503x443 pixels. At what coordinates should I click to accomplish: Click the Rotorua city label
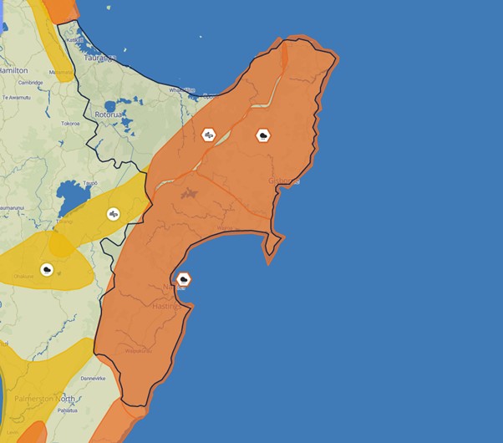109,114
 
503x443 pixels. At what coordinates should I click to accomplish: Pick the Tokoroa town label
70,124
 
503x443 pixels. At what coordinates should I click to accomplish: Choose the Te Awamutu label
17,97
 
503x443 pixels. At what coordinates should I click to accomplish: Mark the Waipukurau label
139,351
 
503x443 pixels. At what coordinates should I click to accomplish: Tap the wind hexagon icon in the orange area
208,135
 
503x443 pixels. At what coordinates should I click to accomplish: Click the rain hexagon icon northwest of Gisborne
263,135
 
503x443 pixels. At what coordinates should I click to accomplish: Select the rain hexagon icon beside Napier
184,279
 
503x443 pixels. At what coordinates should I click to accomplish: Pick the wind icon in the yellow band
114,214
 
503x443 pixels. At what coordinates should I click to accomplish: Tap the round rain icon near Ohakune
47,269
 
